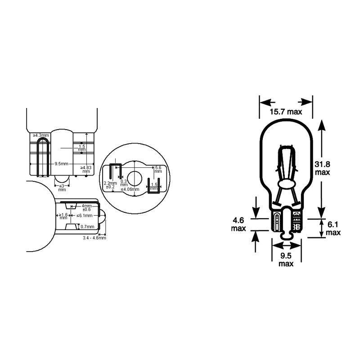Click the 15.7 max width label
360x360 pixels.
tap(285, 112)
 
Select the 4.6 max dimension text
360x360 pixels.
tap(238, 225)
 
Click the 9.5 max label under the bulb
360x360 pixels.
tap(286, 260)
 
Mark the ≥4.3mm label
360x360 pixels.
tap(40, 135)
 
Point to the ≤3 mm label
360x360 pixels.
tap(62, 187)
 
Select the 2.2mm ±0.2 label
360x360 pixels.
tap(110, 185)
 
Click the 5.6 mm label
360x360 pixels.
tap(158, 169)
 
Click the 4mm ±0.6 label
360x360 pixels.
tap(86, 207)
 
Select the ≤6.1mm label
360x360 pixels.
tap(84, 216)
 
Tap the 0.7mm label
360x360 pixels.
tap(88, 226)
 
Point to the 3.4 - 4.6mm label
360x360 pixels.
tap(94, 238)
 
